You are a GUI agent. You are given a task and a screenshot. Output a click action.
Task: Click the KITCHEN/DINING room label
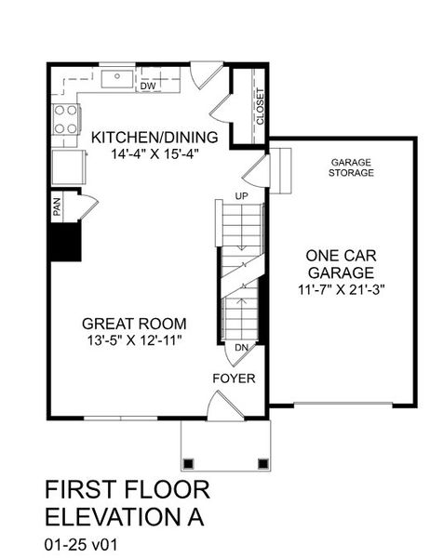tap(154, 139)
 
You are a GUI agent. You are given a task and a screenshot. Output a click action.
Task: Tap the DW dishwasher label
tap(147, 86)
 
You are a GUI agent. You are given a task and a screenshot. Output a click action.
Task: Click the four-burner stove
tap(65, 119)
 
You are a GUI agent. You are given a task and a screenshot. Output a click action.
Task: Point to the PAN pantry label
tap(57, 206)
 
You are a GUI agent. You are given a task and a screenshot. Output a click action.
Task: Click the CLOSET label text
tap(260, 106)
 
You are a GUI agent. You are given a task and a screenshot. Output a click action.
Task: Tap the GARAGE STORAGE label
tap(352, 167)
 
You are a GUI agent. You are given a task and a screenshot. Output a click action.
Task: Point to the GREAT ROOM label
tap(134, 324)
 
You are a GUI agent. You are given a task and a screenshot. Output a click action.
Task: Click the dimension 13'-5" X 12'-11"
tap(134, 341)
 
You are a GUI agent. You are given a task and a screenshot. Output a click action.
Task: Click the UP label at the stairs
tap(242, 196)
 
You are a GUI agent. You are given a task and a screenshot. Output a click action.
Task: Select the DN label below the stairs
tap(241, 348)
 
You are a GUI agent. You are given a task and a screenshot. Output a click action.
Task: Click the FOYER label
tap(234, 379)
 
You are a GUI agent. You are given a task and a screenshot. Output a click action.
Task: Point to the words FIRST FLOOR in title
tap(128, 489)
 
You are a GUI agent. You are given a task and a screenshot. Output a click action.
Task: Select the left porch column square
tap(190, 461)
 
